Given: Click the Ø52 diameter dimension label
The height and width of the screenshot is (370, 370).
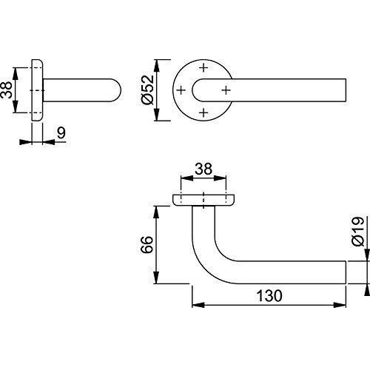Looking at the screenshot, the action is pyautogui.click(x=148, y=90).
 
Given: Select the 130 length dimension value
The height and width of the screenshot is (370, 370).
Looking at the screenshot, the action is pyautogui.click(x=269, y=295).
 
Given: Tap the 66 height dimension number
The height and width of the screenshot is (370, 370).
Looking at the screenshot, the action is pyautogui.click(x=147, y=244).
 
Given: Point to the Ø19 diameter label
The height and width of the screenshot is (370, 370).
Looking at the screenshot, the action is pyautogui.click(x=358, y=232).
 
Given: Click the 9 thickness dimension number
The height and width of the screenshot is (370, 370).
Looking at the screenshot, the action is pyautogui.click(x=61, y=133).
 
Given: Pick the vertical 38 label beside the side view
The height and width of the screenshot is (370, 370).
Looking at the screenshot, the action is pyautogui.click(x=6, y=90).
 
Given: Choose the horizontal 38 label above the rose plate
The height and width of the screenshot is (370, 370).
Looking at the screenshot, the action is pyautogui.click(x=203, y=169).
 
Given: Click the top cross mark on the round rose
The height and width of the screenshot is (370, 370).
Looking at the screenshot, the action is pyautogui.click(x=203, y=67).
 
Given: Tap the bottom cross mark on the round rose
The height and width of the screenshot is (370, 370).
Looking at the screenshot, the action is pyautogui.click(x=203, y=112).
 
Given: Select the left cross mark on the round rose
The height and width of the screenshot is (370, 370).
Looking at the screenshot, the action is pyautogui.click(x=181, y=90).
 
